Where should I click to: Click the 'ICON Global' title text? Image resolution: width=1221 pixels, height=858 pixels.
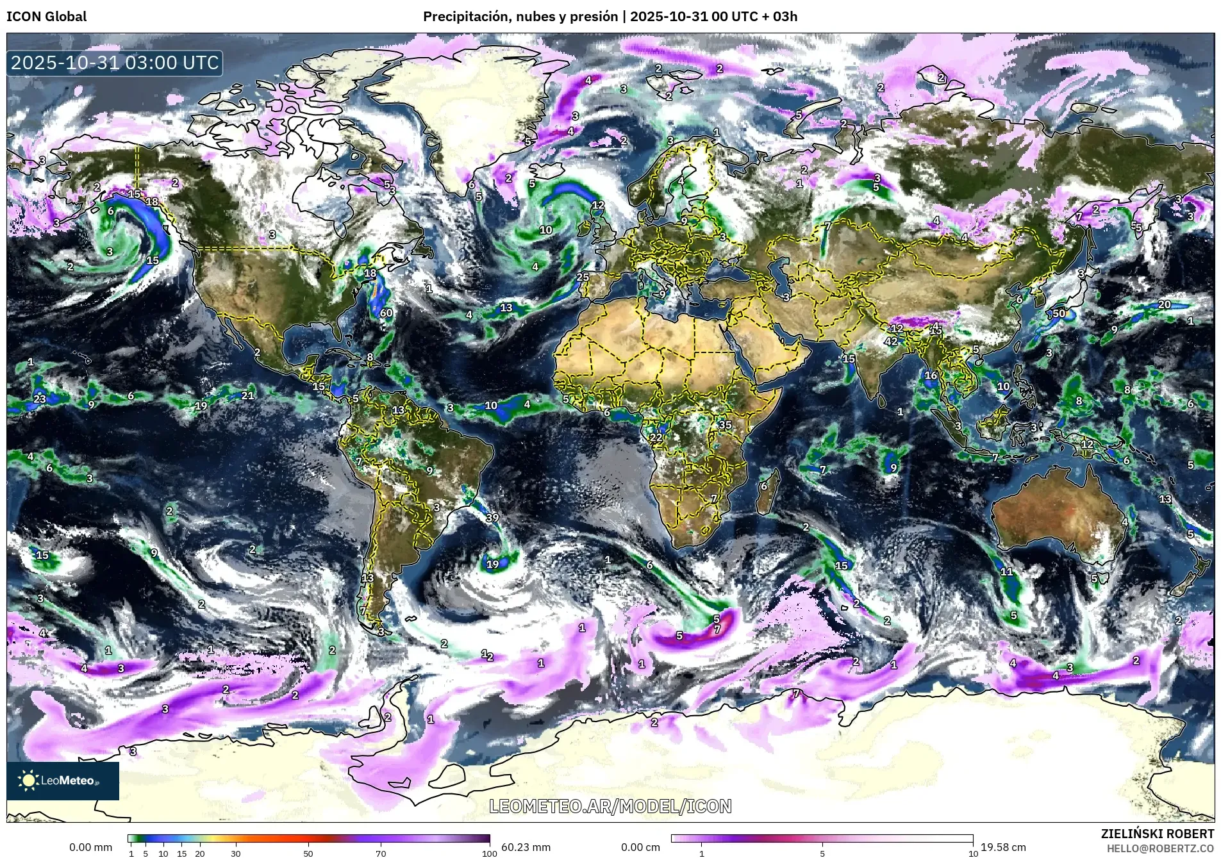(x=46, y=17)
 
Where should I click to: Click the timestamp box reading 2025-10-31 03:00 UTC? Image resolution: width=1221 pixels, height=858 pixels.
(x=115, y=63)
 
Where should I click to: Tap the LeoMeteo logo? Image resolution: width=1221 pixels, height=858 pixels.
(x=62, y=780)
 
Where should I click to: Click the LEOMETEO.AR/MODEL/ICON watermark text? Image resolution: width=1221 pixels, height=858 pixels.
(x=610, y=806)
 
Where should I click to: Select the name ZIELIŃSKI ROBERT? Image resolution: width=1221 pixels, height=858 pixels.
(x=1157, y=834)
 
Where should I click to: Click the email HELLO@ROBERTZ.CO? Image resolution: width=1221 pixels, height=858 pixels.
(x=1160, y=848)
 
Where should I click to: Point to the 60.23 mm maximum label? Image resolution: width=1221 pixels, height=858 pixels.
(x=526, y=847)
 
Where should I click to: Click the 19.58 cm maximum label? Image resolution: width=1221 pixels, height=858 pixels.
(x=1003, y=847)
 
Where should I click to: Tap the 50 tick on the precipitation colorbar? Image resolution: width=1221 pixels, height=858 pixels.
(x=308, y=853)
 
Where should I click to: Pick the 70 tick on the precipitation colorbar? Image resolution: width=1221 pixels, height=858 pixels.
(x=381, y=853)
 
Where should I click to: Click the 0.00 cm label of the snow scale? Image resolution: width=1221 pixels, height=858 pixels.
(x=640, y=847)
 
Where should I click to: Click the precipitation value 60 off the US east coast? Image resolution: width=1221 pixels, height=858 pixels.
(x=386, y=313)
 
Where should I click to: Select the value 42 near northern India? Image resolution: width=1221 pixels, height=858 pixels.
(x=891, y=342)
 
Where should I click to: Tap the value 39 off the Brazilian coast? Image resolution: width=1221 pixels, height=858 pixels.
(x=492, y=518)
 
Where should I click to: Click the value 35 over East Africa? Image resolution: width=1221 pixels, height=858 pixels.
(x=725, y=425)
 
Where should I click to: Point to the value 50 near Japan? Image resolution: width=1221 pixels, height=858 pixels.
(x=1059, y=313)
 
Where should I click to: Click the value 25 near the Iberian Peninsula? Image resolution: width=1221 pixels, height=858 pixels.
(x=583, y=277)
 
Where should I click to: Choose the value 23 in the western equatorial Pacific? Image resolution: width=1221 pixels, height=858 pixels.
(x=40, y=399)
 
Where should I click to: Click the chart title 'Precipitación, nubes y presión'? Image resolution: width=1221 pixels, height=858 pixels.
(x=520, y=17)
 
